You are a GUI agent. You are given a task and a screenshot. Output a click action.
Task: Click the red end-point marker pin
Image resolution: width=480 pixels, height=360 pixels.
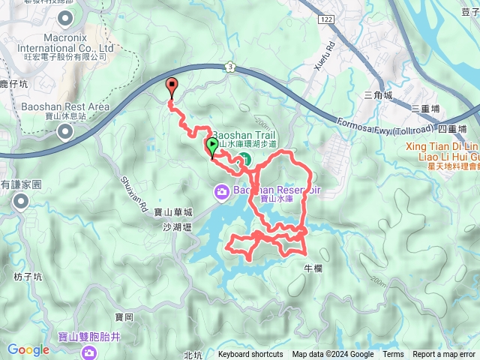[172, 86]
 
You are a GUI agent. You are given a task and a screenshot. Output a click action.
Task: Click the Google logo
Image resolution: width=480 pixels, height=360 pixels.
[28, 349]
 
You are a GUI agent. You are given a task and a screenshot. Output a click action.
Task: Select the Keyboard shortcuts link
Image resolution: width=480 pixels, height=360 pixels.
[250, 355]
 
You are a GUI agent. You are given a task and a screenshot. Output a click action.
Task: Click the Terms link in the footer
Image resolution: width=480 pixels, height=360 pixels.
[393, 355]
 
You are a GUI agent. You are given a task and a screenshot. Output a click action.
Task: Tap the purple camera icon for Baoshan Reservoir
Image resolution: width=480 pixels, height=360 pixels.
[222, 191]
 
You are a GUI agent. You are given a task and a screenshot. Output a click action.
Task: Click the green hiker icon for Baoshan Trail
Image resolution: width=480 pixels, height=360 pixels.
[244, 158]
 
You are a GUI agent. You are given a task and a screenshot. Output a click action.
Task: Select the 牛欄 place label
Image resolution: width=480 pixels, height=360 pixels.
[313, 268]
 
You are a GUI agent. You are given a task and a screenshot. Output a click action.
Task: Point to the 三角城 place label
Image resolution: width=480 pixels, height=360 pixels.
[377, 95]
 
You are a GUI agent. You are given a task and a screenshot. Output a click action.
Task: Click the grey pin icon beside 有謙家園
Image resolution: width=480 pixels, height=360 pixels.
[20, 200]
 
